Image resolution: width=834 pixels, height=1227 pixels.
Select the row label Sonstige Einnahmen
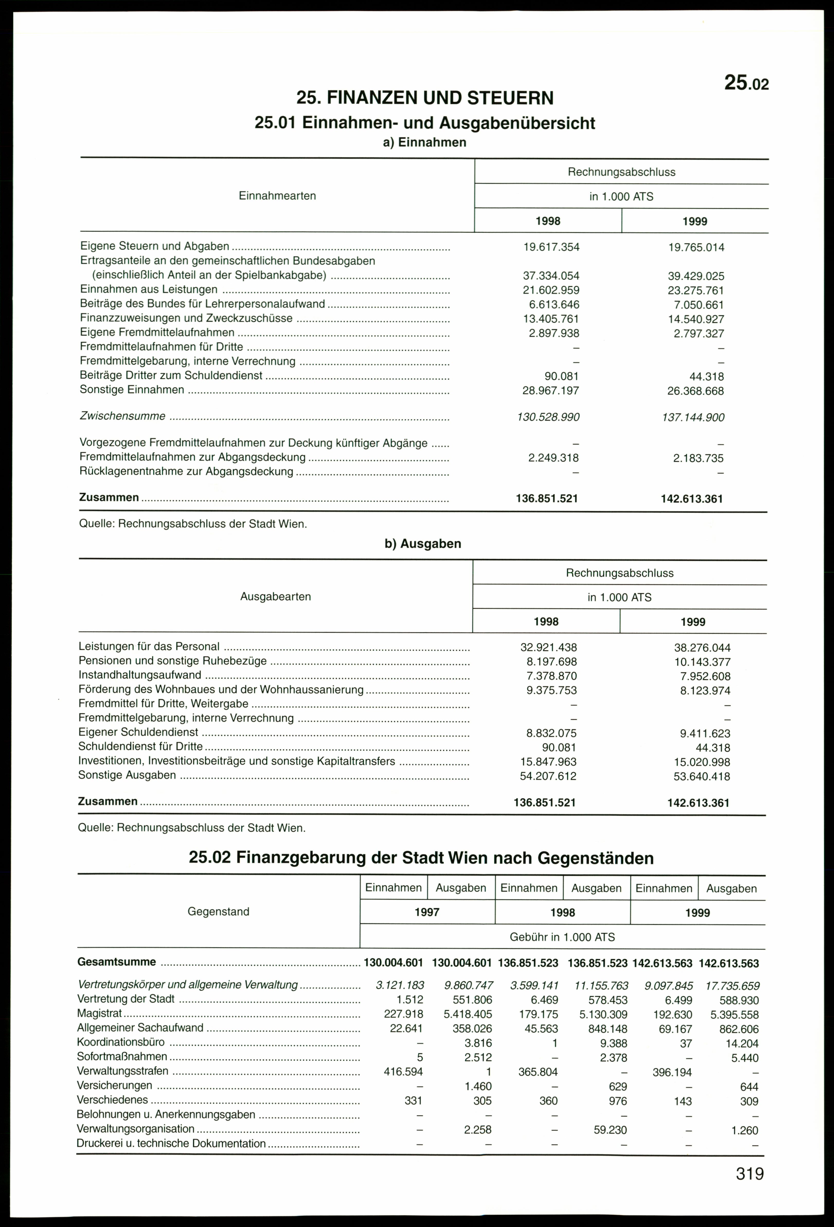[132, 390]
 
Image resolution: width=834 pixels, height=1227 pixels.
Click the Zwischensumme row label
[122, 416]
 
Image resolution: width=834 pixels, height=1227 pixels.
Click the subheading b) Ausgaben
[423, 543]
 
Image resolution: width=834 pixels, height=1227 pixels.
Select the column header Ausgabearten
[275, 597]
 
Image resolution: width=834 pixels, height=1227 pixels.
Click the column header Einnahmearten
[277, 196]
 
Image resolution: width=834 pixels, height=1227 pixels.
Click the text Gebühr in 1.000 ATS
[562, 937]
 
